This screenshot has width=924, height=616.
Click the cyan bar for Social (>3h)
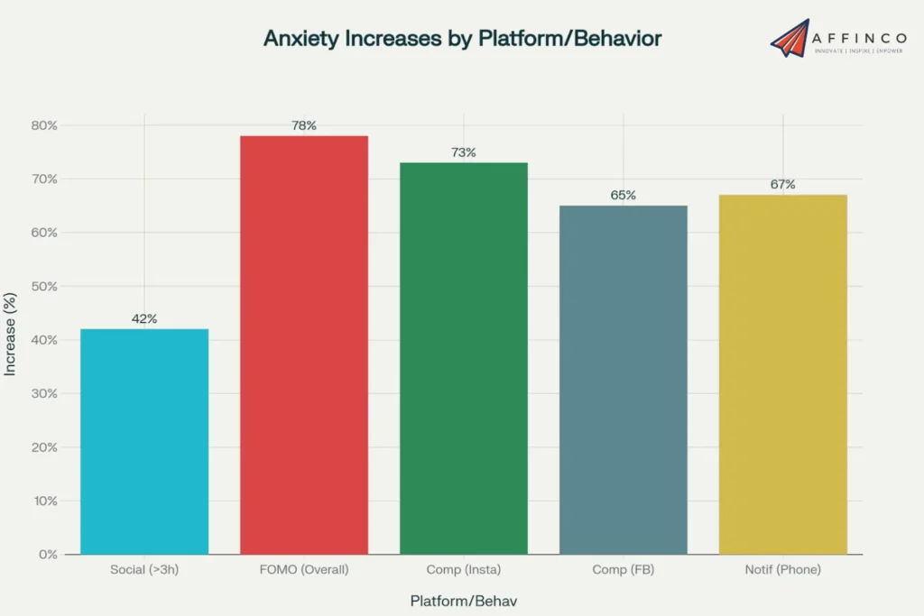[x=144, y=441]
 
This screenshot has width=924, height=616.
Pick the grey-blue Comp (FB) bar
[x=624, y=380]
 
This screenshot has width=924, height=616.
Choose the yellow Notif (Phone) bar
[x=783, y=374]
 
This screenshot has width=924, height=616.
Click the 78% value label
[x=304, y=125]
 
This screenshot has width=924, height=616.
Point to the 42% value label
[x=144, y=318]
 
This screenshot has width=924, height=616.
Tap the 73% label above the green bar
[x=464, y=152]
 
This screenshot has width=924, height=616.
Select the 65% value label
[x=624, y=195]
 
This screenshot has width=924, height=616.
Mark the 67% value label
[x=783, y=184]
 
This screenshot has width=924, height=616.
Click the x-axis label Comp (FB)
[x=624, y=570]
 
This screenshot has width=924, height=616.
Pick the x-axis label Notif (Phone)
[x=783, y=570]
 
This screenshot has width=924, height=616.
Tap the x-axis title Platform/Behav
[x=462, y=601]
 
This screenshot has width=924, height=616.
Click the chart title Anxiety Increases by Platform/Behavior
[x=462, y=39]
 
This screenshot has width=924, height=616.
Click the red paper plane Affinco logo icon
[x=790, y=37]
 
